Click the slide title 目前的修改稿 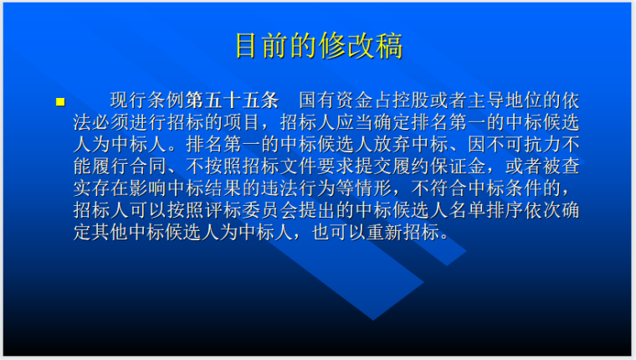click(x=318, y=45)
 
